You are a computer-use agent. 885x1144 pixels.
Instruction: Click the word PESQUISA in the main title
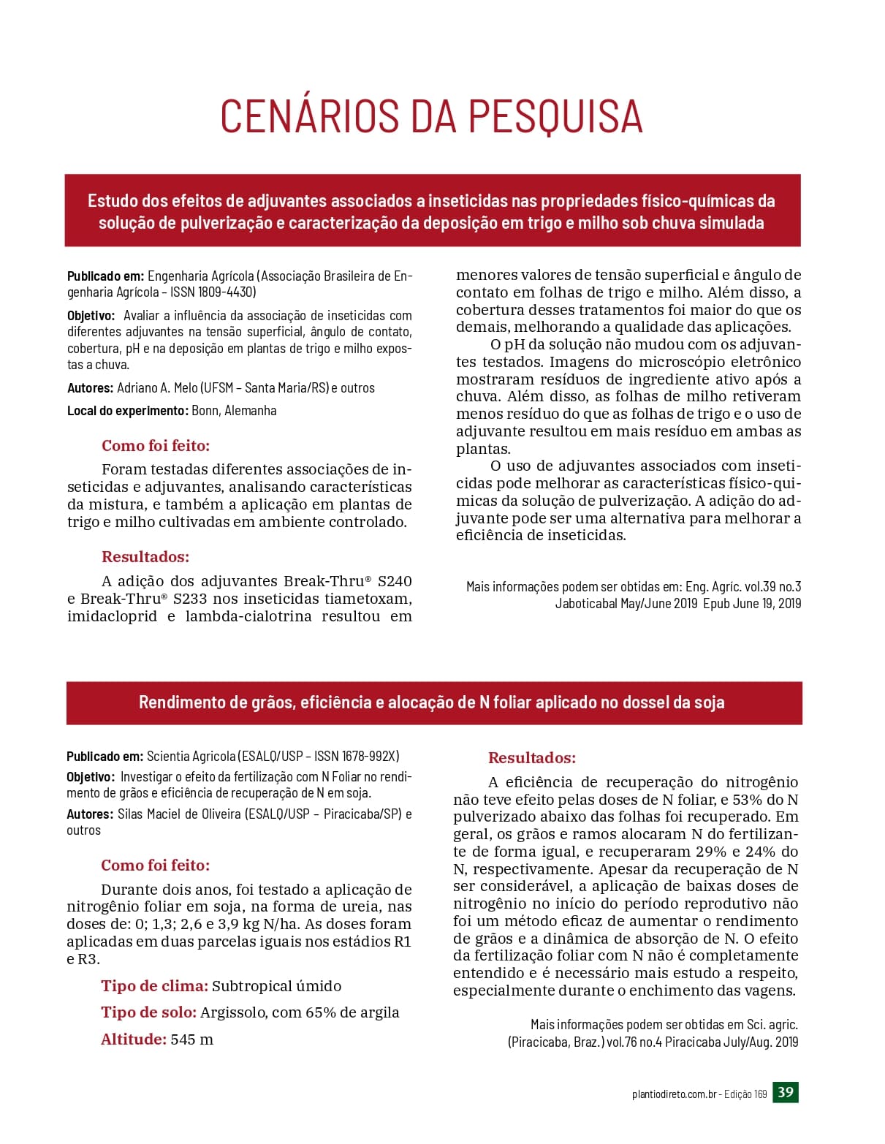point(554,115)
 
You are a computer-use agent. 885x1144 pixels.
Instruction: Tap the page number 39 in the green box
point(786,1092)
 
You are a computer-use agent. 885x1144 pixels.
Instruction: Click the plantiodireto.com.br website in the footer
point(674,1094)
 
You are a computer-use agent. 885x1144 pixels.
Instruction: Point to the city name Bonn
point(205,411)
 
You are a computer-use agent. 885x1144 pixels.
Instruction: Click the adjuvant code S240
point(395,581)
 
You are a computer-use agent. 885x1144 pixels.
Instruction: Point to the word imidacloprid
point(112,616)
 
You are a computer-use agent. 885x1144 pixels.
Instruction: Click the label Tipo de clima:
point(154,986)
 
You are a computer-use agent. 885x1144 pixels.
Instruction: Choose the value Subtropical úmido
point(276,986)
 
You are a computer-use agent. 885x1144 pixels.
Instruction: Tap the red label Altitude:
point(134,1039)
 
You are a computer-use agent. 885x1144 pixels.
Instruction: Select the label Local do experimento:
point(128,411)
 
